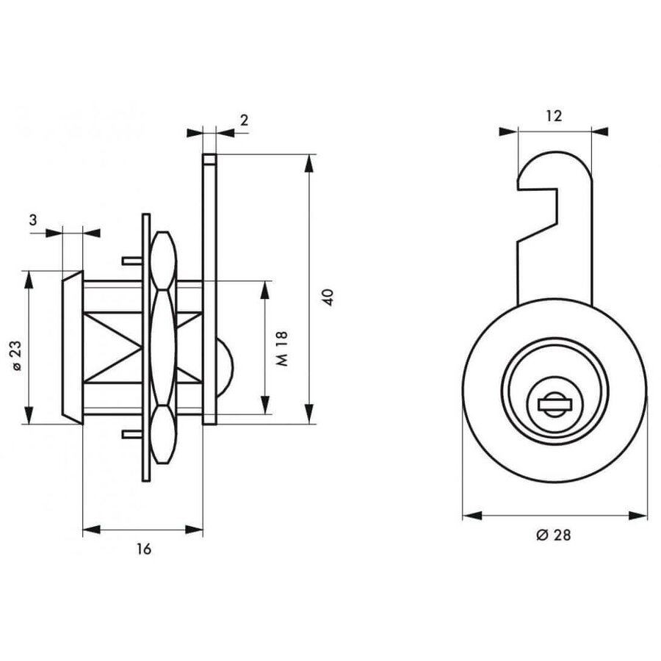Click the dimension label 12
click(x=554, y=115)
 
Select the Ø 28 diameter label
click(x=554, y=535)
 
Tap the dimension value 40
click(x=328, y=297)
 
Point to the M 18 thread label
click(x=282, y=348)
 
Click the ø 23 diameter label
click(x=16, y=355)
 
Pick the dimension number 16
click(x=143, y=549)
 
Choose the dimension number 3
click(x=33, y=220)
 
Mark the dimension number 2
click(x=244, y=120)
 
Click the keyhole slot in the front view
click(x=555, y=405)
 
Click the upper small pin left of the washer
click(x=132, y=261)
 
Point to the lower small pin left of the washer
click(x=132, y=434)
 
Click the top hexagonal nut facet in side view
click(x=163, y=260)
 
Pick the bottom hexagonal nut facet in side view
click(x=163, y=434)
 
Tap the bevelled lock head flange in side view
click(x=73, y=347)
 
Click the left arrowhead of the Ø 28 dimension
click(x=472, y=515)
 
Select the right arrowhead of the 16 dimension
click(x=194, y=530)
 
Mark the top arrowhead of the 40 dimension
click(x=309, y=164)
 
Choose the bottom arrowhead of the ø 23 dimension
click(x=29, y=415)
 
